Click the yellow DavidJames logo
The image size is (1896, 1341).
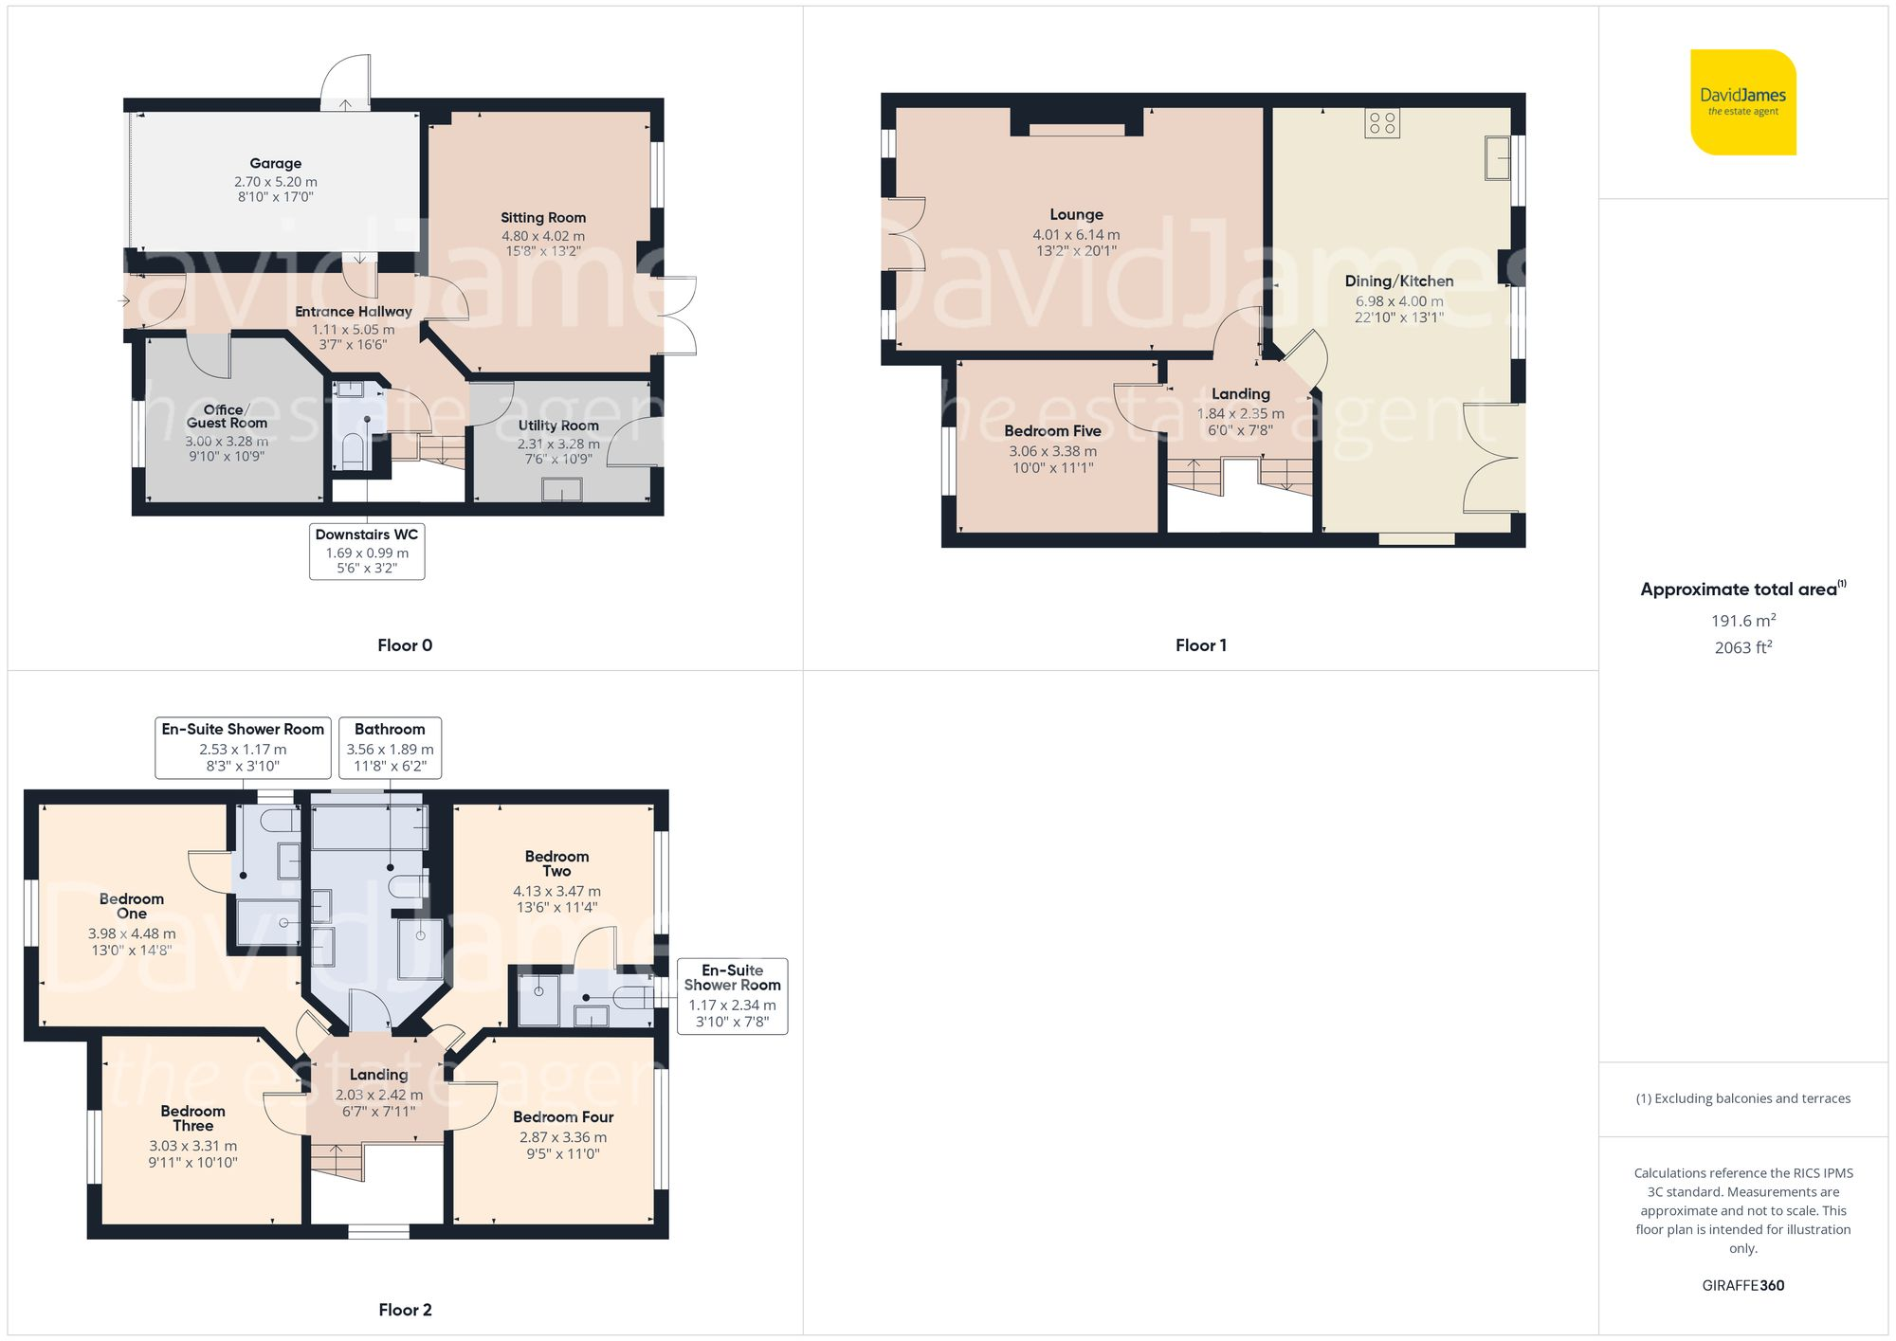1742,101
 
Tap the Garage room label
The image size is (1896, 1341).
276,163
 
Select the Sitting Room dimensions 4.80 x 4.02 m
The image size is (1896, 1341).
543,236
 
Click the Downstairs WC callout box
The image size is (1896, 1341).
367,551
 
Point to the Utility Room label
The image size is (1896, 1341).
558,426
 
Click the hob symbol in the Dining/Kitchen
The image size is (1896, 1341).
1382,122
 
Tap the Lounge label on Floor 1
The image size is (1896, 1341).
1076,214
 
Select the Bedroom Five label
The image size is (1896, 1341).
1052,430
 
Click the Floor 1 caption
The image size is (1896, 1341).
1200,645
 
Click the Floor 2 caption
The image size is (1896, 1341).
405,1310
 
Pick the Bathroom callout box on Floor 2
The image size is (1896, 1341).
390,747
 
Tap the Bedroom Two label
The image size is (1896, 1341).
556,863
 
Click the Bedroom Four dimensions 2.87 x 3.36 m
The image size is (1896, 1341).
563,1137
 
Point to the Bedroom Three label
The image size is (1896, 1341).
192,1118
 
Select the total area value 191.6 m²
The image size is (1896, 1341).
1742,621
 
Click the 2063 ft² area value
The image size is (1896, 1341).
1742,647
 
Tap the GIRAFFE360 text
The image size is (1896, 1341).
1742,1285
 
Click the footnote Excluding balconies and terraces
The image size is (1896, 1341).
1742,1098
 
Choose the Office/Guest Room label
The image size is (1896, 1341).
227,416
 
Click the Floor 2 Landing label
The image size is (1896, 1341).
378,1074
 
